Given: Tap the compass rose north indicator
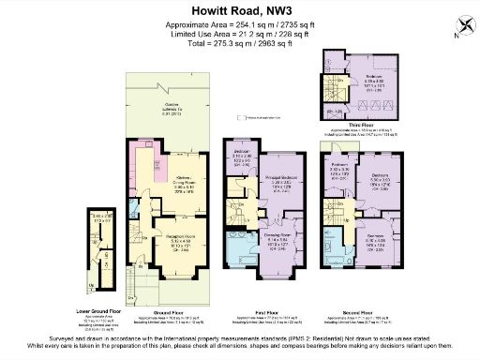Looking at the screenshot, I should coord(458,27).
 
